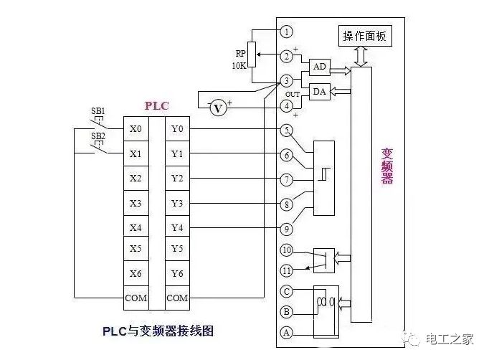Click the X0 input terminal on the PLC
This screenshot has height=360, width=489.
point(136,130)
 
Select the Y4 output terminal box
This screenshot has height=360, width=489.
point(177,227)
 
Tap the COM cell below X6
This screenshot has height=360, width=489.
point(136,297)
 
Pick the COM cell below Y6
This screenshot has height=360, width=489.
point(177,297)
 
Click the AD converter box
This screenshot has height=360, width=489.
point(320,67)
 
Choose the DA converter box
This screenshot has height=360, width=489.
point(320,92)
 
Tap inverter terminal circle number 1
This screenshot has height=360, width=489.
point(287,32)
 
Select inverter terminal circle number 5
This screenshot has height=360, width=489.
point(287,130)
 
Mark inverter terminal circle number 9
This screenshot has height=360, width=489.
point(287,229)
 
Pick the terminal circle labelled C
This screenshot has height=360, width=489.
point(287,291)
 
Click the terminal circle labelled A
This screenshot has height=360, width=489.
point(287,332)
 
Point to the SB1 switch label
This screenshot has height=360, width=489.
point(98,111)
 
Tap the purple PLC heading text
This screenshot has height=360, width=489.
point(156,105)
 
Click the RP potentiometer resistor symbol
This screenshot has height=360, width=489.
point(254,55)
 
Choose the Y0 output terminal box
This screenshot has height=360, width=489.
point(177,130)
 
